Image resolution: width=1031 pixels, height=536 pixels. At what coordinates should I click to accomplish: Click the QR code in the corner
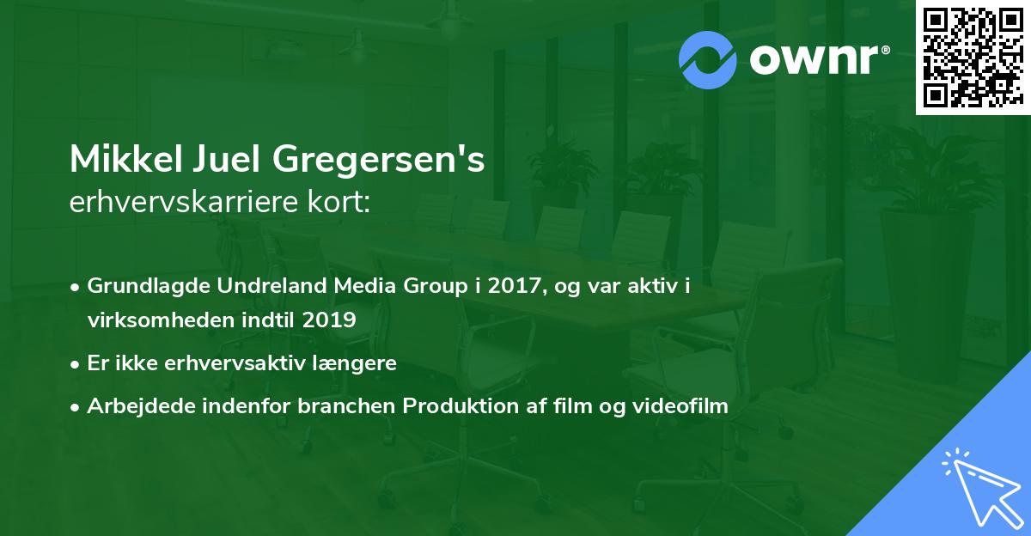click(972, 57)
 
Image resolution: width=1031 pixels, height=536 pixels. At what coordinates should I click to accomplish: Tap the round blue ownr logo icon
click(707, 58)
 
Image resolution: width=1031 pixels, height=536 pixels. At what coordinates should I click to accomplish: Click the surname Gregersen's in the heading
click(380, 161)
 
